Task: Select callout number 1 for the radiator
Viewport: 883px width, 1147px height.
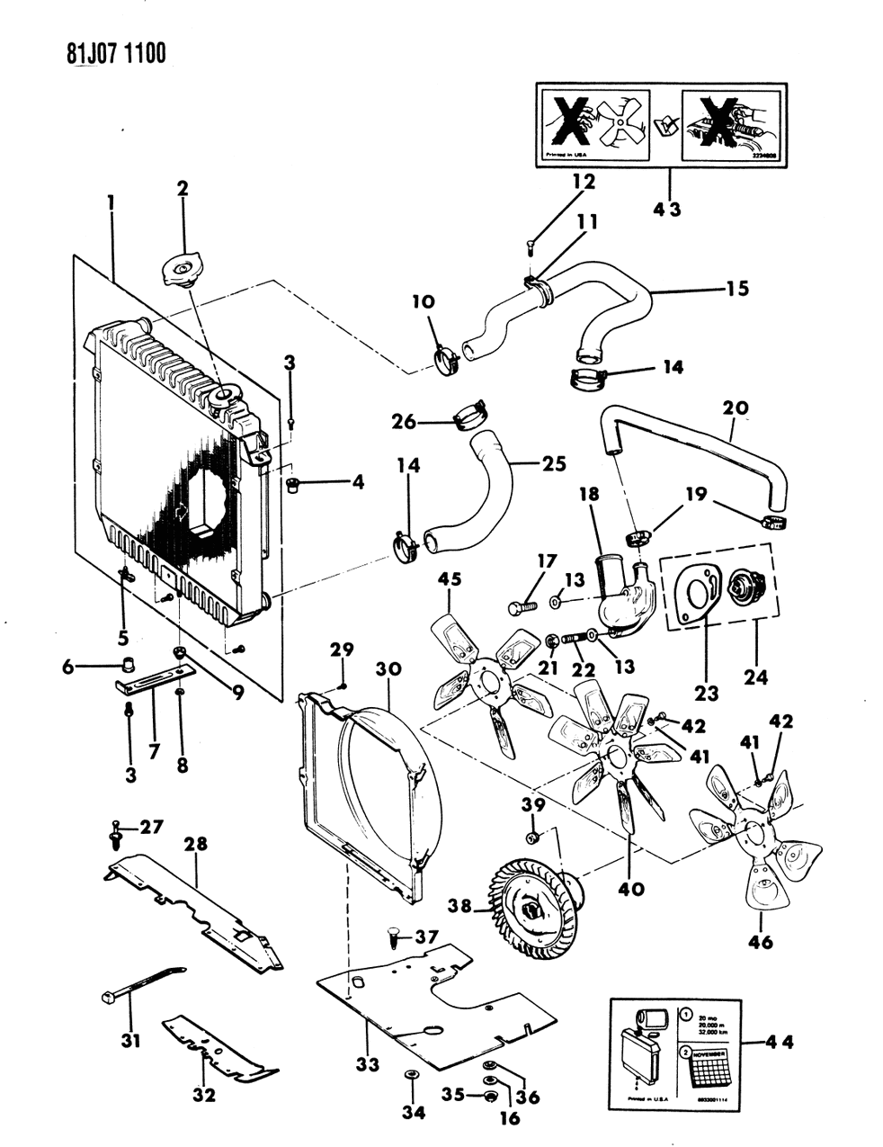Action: tap(111, 204)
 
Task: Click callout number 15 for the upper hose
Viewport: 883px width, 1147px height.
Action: tap(737, 289)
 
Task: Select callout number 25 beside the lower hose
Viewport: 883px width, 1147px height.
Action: tap(553, 464)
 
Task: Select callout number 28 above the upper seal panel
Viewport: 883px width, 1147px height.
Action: tap(196, 844)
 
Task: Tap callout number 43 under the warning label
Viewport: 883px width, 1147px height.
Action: tap(668, 210)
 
